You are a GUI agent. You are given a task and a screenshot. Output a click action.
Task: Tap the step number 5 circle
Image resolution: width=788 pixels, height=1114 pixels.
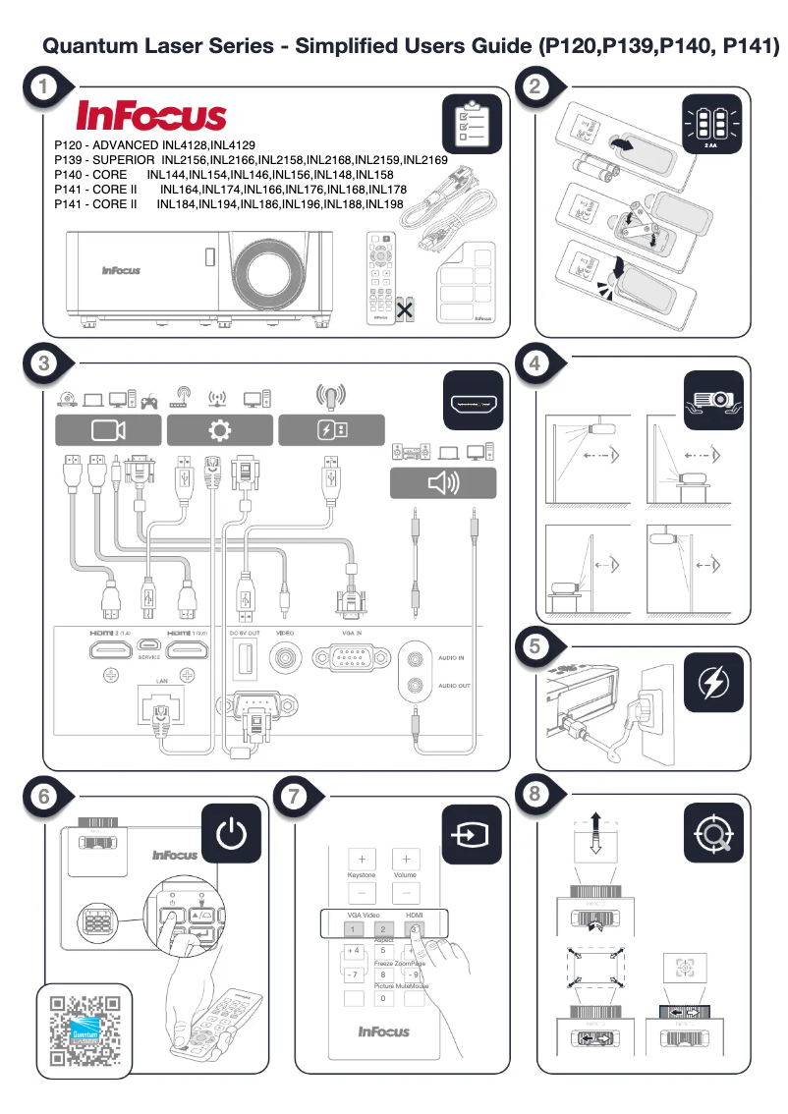[x=535, y=645]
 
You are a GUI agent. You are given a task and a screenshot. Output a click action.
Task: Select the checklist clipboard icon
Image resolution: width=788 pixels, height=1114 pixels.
[x=473, y=126]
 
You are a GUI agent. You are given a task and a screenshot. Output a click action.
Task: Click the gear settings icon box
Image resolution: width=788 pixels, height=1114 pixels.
[x=219, y=429]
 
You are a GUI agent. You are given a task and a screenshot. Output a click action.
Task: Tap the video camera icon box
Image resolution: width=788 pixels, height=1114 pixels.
[x=106, y=429]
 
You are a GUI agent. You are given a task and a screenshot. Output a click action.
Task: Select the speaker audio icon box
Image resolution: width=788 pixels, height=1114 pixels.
[x=443, y=482]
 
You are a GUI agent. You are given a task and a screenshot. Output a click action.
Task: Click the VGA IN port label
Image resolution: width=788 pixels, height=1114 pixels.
[x=352, y=634]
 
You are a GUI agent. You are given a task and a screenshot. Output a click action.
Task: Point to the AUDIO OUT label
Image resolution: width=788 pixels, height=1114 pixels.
[x=451, y=685]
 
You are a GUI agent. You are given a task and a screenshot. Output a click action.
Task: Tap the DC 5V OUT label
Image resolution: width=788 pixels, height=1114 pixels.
[x=246, y=634]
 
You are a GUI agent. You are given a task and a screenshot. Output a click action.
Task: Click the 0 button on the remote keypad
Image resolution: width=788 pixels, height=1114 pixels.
[x=384, y=998]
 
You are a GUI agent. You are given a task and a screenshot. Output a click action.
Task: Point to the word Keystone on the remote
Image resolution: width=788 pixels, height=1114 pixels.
[x=362, y=874]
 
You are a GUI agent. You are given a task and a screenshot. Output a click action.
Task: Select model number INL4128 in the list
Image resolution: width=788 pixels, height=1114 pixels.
[x=185, y=144]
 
